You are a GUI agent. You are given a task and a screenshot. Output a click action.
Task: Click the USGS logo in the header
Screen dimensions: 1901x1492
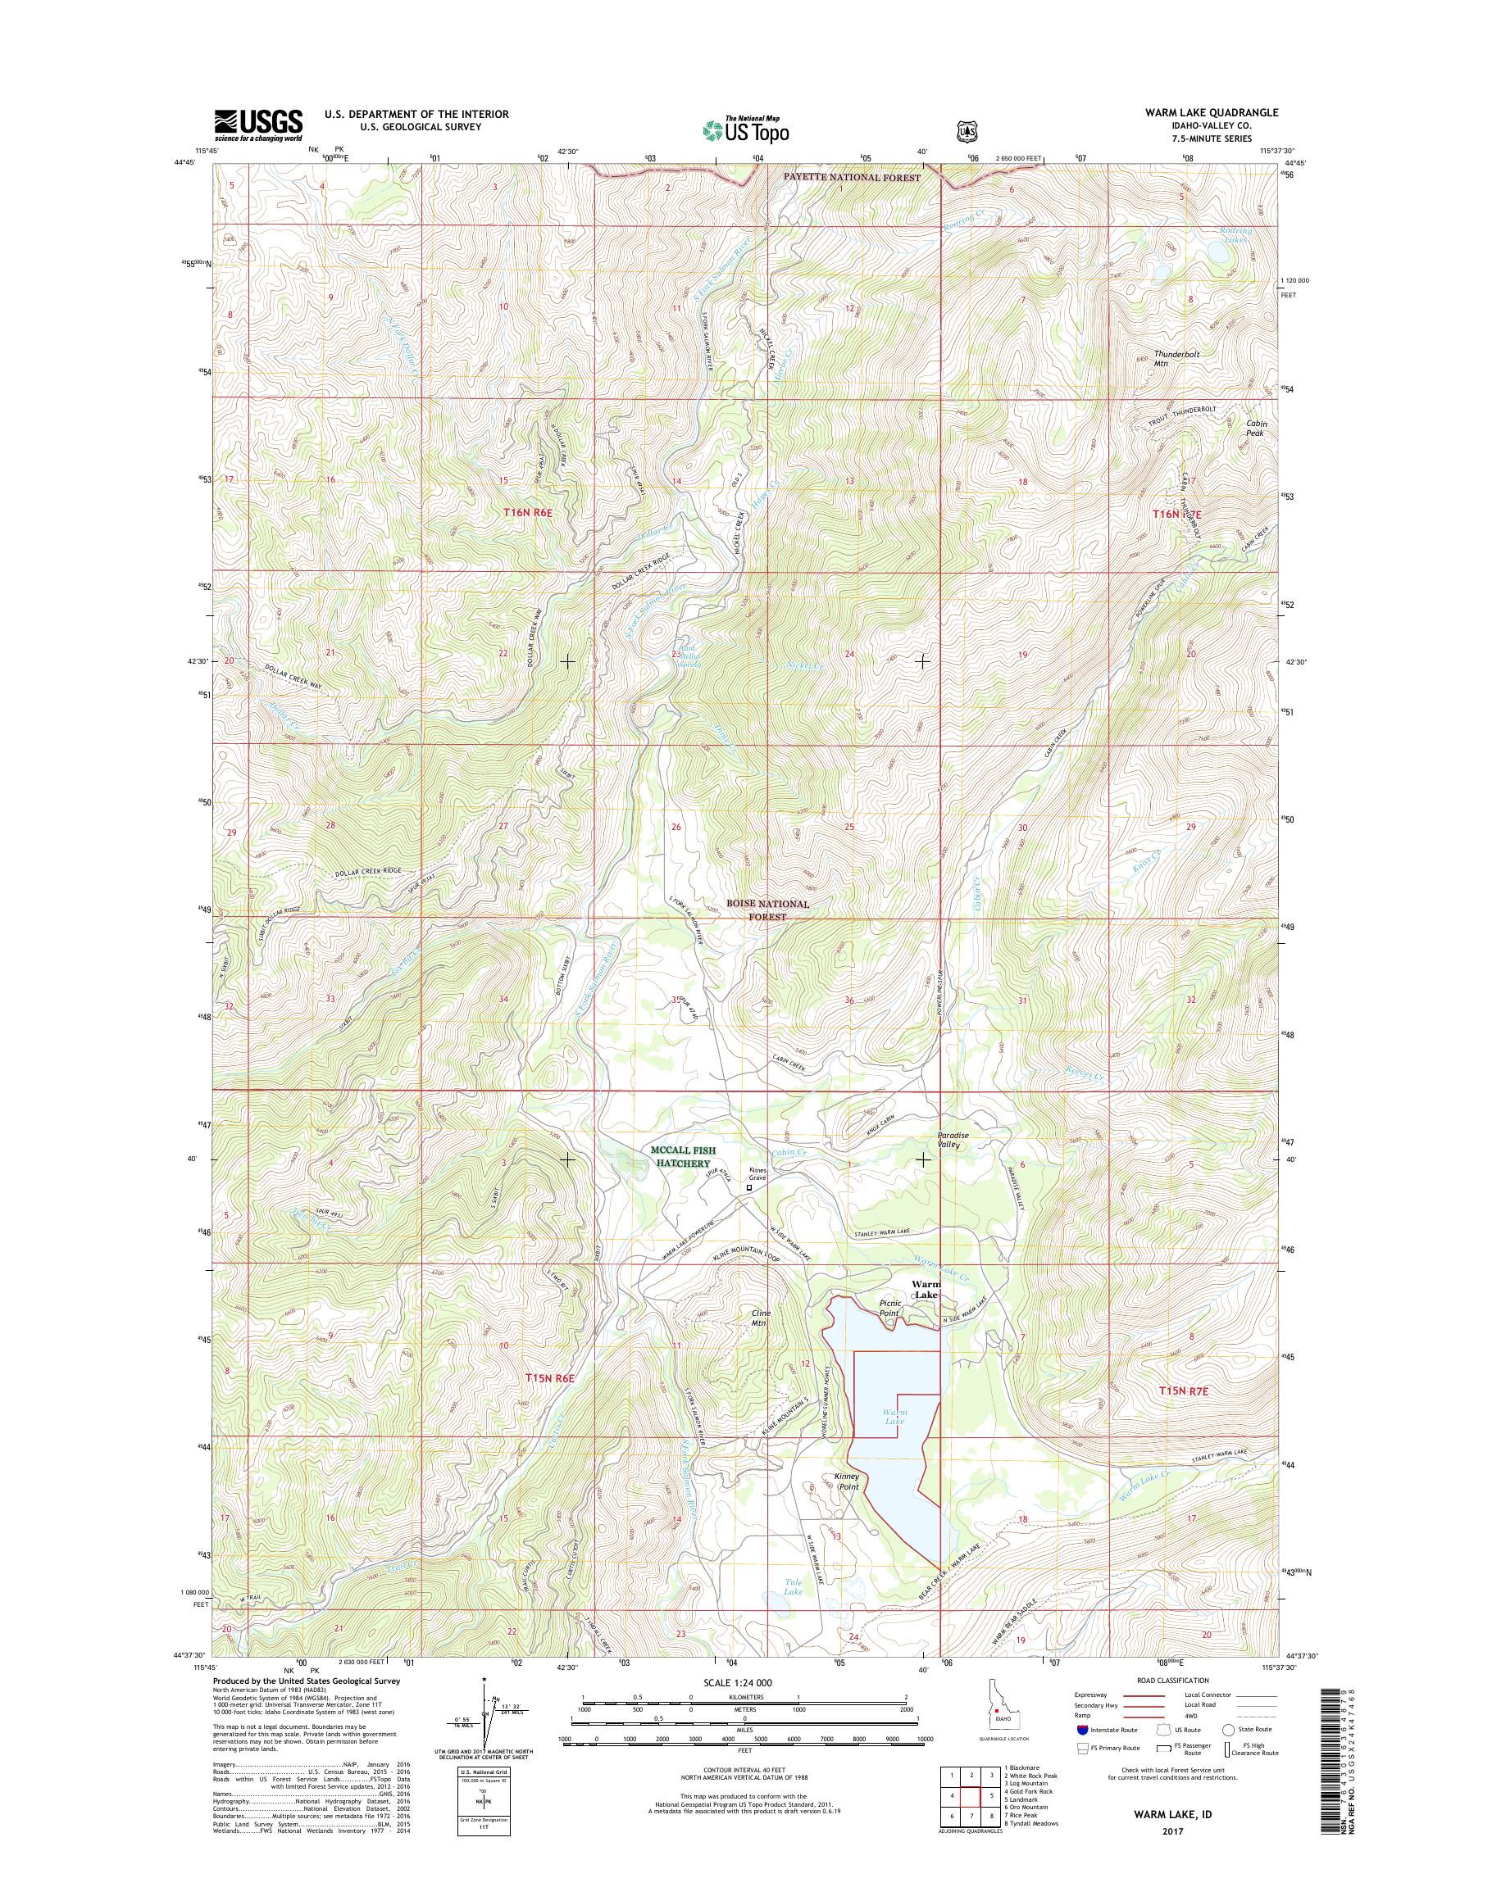[258, 125]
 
